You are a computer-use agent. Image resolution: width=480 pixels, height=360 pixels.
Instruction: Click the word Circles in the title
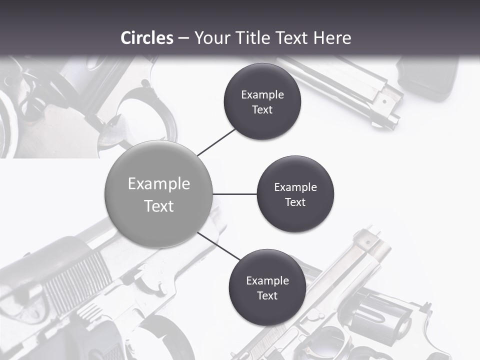coord(146,38)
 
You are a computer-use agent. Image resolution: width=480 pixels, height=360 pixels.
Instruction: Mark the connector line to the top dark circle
coord(217,141)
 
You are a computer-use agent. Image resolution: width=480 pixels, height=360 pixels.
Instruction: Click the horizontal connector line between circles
coord(234,194)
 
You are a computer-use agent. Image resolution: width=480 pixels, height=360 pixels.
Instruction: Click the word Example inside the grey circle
coord(159,184)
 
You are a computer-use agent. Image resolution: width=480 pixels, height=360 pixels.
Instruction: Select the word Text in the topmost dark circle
coord(262,109)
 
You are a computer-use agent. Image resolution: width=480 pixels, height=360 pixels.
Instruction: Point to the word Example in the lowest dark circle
coord(267,280)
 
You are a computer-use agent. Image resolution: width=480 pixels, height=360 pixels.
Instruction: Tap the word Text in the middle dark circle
coord(295,202)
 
